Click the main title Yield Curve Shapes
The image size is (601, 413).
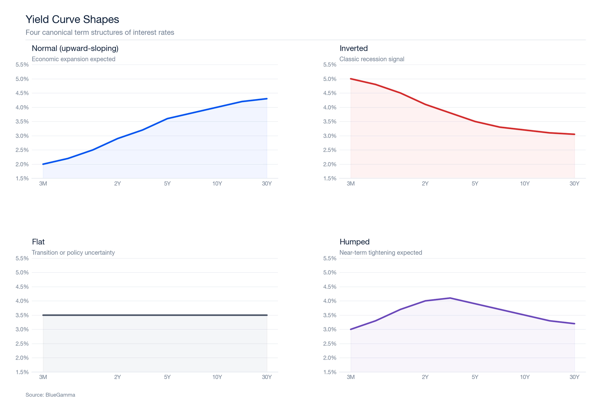[72, 19]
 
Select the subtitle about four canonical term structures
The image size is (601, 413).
[100, 32]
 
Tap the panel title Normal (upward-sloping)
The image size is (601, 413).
[75, 48]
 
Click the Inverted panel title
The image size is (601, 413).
[353, 48]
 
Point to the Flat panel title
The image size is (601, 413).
[38, 242]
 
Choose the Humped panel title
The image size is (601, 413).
[354, 242]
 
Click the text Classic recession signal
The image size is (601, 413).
[372, 59]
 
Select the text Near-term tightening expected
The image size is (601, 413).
[380, 253]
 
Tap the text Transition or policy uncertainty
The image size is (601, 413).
[73, 253]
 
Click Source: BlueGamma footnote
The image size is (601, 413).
[50, 395]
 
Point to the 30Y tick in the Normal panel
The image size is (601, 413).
[266, 184]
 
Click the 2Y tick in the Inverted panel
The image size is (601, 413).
[425, 184]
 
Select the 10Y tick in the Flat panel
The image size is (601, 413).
[217, 377]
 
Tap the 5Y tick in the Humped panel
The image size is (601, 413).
[475, 377]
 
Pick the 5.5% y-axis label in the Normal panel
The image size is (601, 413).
[22, 65]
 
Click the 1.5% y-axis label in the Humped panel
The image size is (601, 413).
[330, 372]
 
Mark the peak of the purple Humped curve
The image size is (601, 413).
[450, 298]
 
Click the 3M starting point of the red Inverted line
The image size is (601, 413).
[351, 79]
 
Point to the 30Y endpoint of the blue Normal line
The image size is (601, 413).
[266, 99]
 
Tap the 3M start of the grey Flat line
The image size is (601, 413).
[43, 315]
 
